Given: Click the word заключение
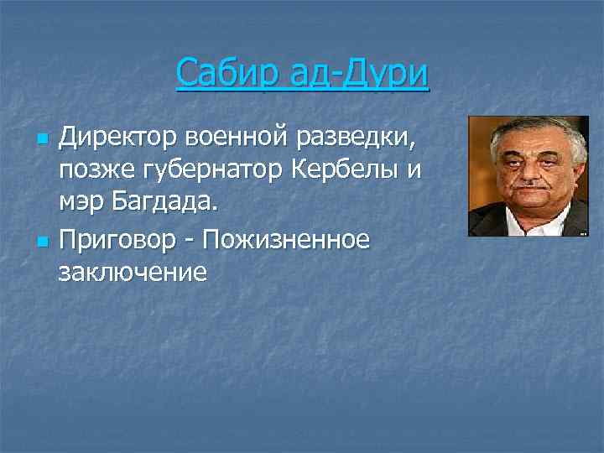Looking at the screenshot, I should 133,273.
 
